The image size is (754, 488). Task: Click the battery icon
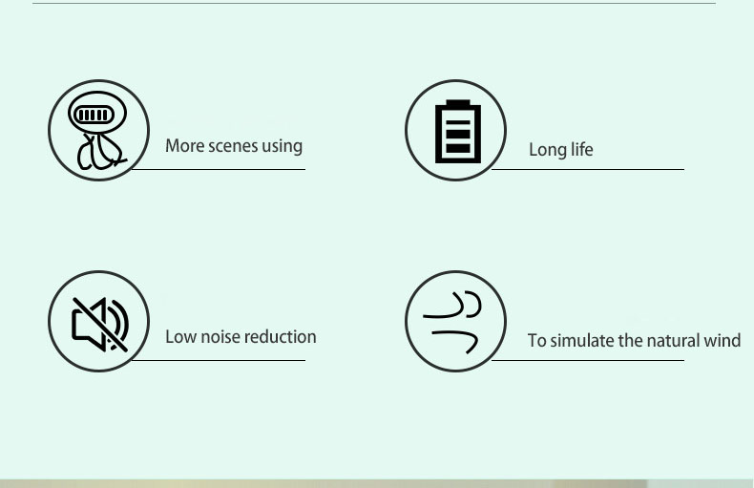pyautogui.click(x=458, y=132)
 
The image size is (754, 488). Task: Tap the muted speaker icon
pyautogui.click(x=100, y=325)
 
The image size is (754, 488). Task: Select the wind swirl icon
pyautogui.click(x=452, y=322)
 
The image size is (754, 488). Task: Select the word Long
pyautogui.click(x=545, y=150)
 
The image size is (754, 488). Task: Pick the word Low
pyautogui.click(x=180, y=337)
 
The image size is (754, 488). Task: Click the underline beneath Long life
pyautogui.click(x=588, y=169)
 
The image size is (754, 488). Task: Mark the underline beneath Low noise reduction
pyautogui.click(x=219, y=360)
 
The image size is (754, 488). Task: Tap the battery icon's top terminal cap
pyautogui.click(x=458, y=102)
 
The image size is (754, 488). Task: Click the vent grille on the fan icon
pyautogui.click(x=94, y=115)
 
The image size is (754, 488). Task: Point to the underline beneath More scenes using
pyautogui.click(x=219, y=169)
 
